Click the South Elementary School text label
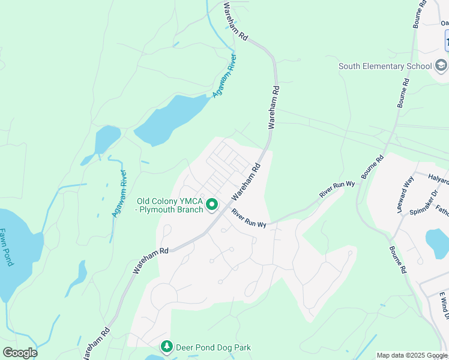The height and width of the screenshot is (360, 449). pyautogui.click(x=385, y=66)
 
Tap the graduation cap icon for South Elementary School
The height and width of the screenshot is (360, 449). pyautogui.click(x=441, y=65)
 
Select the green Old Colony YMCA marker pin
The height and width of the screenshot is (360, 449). pyautogui.click(x=212, y=205)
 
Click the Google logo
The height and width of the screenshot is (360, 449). pyautogui.click(x=20, y=352)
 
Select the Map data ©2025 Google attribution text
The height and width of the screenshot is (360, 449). pyautogui.click(x=412, y=355)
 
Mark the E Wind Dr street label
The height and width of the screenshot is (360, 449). pyautogui.click(x=442, y=306)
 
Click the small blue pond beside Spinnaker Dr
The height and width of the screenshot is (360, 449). pyautogui.click(x=436, y=242)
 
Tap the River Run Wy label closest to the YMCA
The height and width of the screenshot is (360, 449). pyautogui.click(x=249, y=219)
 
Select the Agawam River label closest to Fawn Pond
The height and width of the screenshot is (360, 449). pyautogui.click(x=119, y=194)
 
